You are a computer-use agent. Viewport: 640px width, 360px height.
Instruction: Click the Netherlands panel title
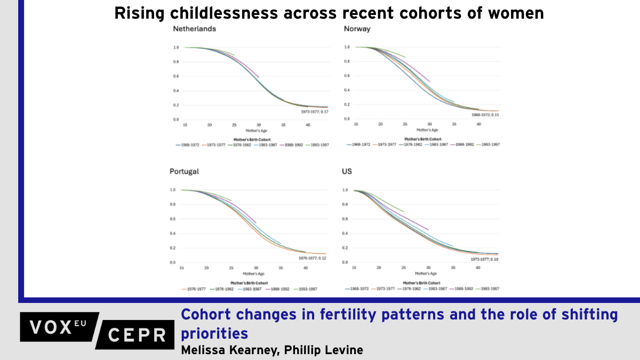click(x=195, y=29)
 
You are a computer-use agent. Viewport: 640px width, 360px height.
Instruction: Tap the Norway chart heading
click(x=357, y=29)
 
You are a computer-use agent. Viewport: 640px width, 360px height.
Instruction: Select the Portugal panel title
click(x=185, y=172)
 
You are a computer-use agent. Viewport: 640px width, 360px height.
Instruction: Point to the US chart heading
click(x=347, y=172)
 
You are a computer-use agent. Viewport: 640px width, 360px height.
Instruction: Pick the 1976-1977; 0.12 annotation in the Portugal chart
click(x=312, y=258)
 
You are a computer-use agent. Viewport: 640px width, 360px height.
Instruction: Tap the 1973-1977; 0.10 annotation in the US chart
click(x=485, y=259)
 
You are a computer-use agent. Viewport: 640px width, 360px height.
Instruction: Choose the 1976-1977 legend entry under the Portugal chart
click(x=195, y=289)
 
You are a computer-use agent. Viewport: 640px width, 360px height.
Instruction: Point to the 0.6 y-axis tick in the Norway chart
click(x=347, y=76)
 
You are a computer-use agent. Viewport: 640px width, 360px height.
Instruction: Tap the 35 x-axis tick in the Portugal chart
click(x=281, y=267)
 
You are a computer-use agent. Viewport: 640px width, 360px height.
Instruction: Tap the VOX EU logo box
click(x=59, y=326)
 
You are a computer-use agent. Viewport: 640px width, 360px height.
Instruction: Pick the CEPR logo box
click(x=137, y=334)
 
